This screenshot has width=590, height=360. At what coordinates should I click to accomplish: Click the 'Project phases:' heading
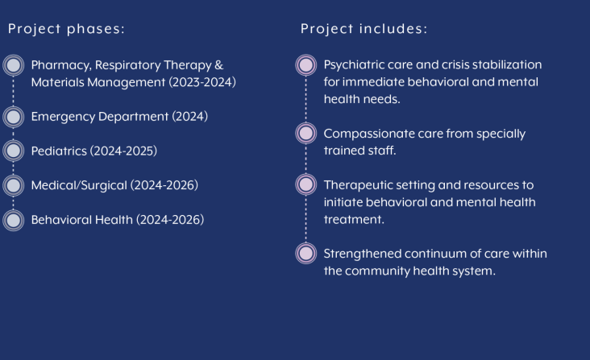pyautogui.click(x=66, y=29)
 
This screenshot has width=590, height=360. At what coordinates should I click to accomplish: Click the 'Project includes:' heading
pyautogui.click(x=364, y=28)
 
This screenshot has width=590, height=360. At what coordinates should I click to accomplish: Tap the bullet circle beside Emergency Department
pyautogui.click(x=14, y=117)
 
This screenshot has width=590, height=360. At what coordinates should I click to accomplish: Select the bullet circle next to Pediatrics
pyautogui.click(x=14, y=151)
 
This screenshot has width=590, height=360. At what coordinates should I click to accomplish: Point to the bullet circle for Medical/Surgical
pyautogui.click(x=14, y=185)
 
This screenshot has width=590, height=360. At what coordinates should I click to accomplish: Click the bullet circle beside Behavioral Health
pyautogui.click(x=14, y=220)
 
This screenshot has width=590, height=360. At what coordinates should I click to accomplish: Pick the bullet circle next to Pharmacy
pyautogui.click(x=14, y=65)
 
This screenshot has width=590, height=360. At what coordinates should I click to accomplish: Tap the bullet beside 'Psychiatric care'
pyautogui.click(x=306, y=65)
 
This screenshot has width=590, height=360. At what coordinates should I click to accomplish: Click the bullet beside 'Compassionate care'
pyautogui.click(x=306, y=133)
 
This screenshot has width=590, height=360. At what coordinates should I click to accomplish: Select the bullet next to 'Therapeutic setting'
pyautogui.click(x=306, y=184)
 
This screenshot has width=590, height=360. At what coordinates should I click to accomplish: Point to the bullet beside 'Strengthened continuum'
pyautogui.click(x=306, y=253)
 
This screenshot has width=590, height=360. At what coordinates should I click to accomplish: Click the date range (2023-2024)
pyautogui.click(x=202, y=82)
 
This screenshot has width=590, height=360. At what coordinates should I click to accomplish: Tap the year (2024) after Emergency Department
pyautogui.click(x=190, y=117)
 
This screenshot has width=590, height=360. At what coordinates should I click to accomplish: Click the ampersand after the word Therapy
pyautogui.click(x=219, y=65)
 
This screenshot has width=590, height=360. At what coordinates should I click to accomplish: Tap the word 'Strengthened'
pyautogui.click(x=363, y=254)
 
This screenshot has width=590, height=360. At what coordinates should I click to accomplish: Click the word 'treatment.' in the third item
pyautogui.click(x=354, y=219)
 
